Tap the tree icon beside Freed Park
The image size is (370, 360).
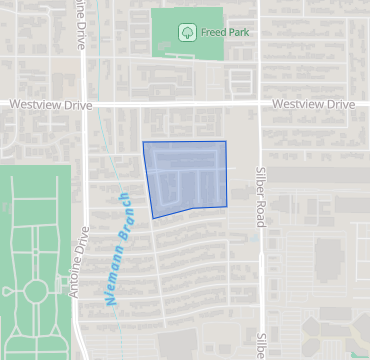[187, 32]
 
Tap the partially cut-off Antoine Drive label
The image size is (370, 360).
[80, 22]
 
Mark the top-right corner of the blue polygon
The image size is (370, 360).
[225, 142]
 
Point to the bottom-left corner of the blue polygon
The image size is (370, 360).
[153, 218]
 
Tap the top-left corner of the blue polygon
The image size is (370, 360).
[143, 143]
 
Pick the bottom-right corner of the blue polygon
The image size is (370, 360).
[227, 206]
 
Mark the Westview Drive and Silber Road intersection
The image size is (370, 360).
[260, 103]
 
